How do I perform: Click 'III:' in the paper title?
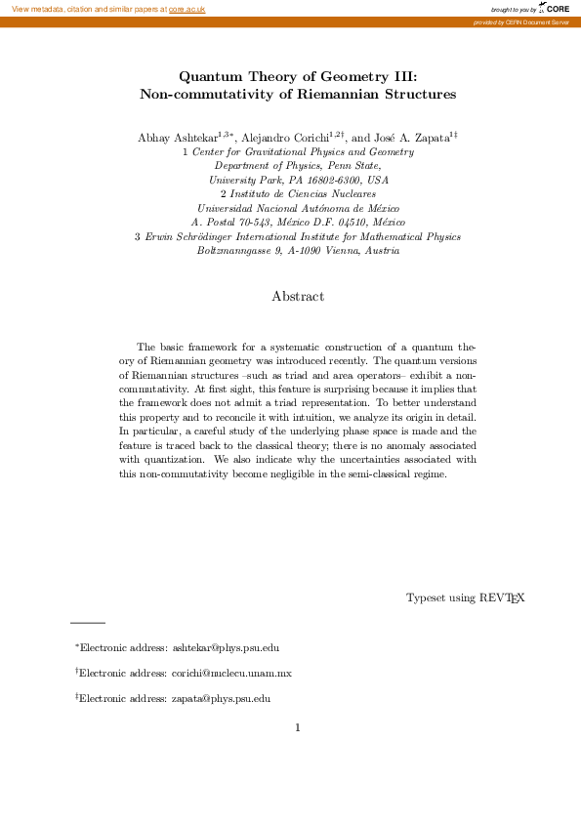pyautogui.click(x=402, y=76)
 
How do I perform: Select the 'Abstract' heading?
pyautogui.click(x=298, y=296)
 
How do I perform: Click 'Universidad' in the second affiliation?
pyautogui.click(x=228, y=209)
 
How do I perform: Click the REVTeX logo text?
pyautogui.click(x=502, y=597)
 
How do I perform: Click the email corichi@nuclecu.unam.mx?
pyautogui.click(x=231, y=673)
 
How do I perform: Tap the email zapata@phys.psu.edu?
pyautogui.click(x=221, y=698)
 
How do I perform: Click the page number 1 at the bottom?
pyautogui.click(x=298, y=727)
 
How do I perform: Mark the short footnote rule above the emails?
pyautogui.click(x=87, y=622)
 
